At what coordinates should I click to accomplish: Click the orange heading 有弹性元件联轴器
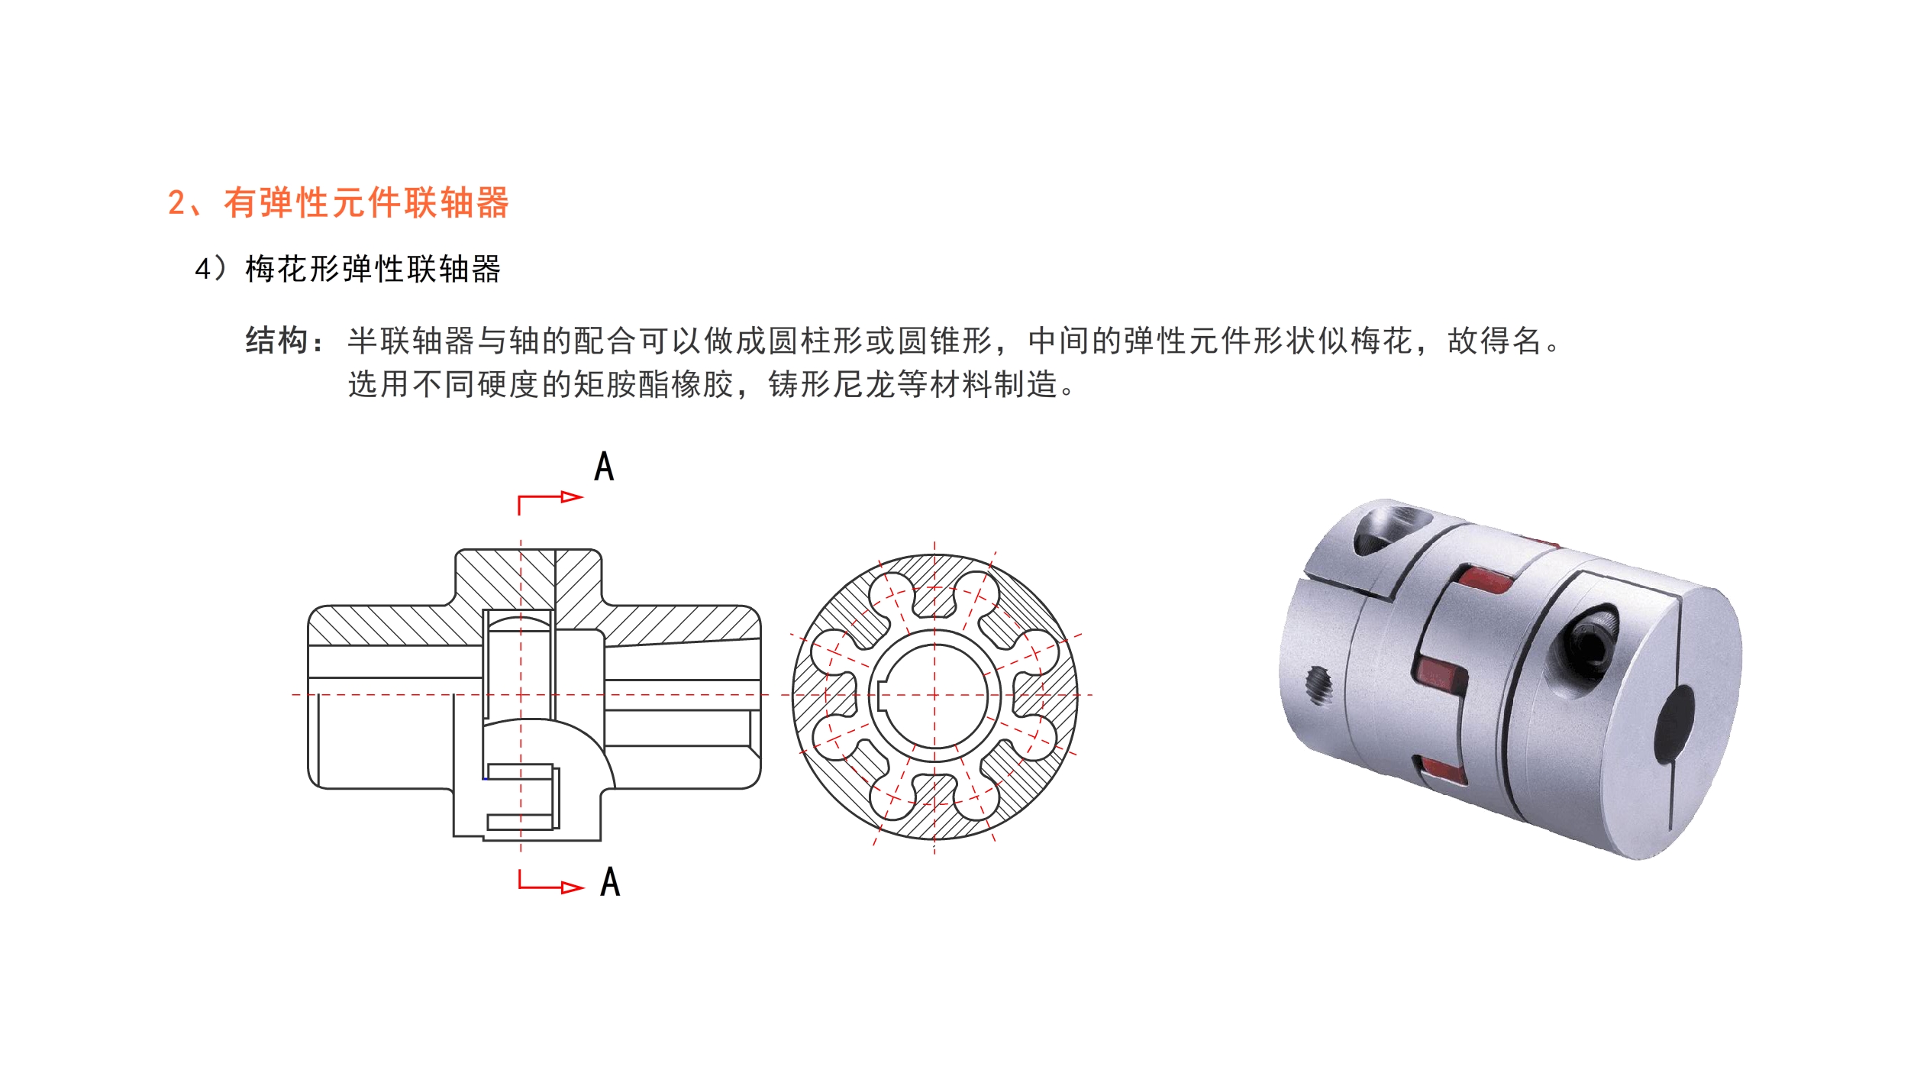(x=366, y=203)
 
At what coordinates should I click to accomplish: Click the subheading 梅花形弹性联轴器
(x=373, y=270)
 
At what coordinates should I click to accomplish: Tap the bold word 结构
(x=276, y=341)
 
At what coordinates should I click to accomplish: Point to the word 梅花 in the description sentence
(x=1382, y=341)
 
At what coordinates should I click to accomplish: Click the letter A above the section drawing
(x=604, y=466)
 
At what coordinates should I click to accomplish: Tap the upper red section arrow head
(x=571, y=497)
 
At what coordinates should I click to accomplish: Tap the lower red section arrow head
(x=572, y=887)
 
